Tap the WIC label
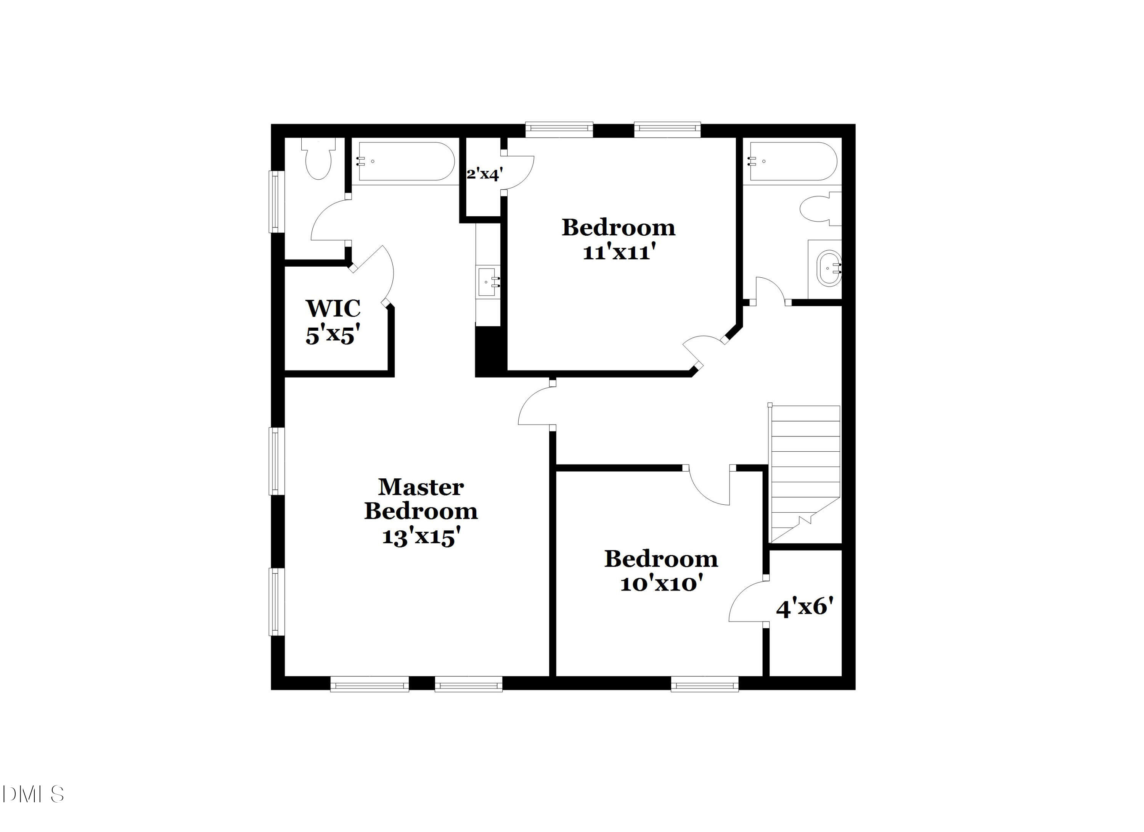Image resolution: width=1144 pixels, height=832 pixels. click(x=333, y=308)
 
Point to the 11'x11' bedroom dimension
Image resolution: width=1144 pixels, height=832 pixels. click(x=619, y=252)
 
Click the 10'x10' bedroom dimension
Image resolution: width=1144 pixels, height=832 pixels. click(x=661, y=584)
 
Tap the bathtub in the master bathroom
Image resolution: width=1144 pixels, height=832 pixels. click(x=406, y=161)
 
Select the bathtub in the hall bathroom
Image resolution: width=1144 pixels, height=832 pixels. click(x=793, y=161)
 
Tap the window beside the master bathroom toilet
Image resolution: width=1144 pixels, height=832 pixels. click(x=276, y=202)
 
